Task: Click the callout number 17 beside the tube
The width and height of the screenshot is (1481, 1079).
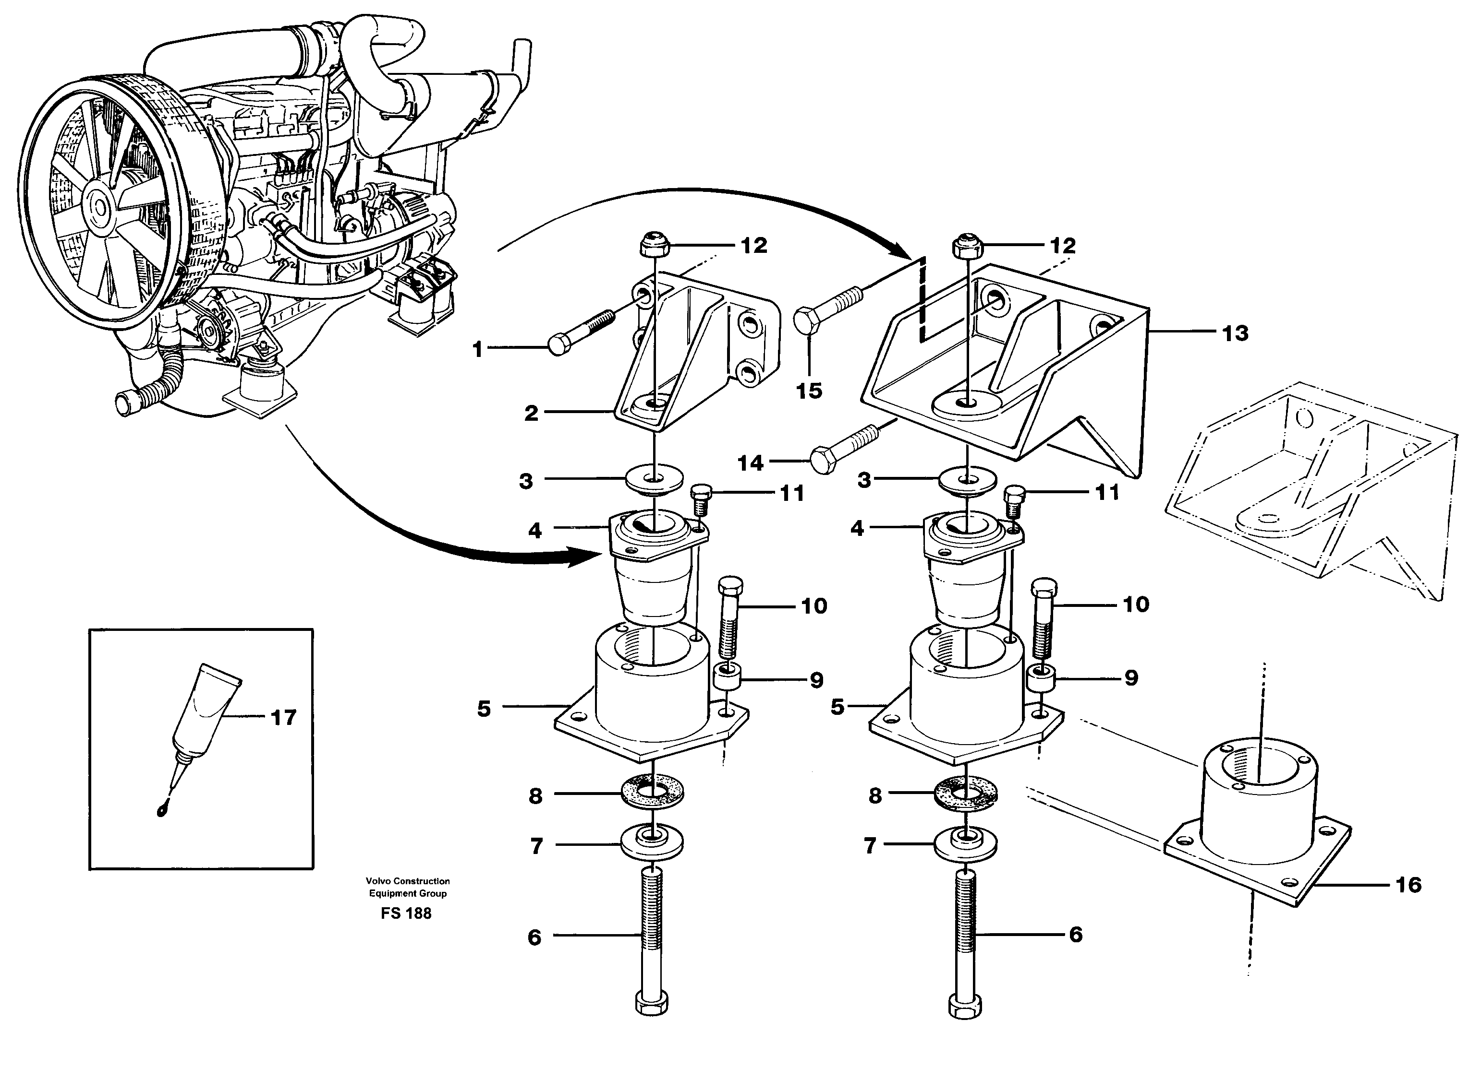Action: [x=283, y=718]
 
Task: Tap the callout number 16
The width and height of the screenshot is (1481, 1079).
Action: [x=1408, y=885]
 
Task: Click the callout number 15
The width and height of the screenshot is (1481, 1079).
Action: [x=809, y=391]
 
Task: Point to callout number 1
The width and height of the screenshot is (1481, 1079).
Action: [x=478, y=349]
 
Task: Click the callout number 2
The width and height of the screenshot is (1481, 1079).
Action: [x=531, y=413]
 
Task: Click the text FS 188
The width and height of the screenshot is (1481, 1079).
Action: [x=406, y=913]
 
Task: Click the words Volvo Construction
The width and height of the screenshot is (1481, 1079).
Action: [x=407, y=881]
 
